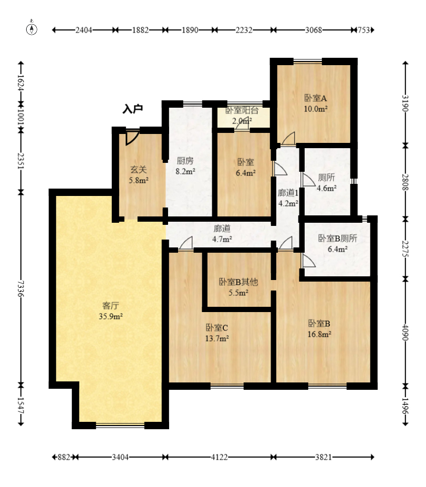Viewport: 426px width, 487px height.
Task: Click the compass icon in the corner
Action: (32, 28)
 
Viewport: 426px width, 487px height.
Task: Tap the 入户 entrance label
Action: (132, 109)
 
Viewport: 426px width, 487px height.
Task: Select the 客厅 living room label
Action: (110, 306)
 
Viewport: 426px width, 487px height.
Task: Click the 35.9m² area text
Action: (111, 316)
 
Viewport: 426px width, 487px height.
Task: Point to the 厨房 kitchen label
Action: (185, 161)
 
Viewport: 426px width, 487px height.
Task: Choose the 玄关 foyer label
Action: (139, 170)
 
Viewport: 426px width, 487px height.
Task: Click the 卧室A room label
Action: (316, 98)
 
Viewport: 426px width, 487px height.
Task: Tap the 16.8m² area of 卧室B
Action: (319, 334)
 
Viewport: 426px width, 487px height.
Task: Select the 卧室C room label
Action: (217, 327)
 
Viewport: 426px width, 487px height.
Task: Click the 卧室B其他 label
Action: (238, 282)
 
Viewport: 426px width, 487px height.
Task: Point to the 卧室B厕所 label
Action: (338, 238)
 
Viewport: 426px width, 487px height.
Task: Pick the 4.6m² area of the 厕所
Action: (327, 188)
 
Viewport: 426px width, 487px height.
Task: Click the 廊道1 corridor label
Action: (288, 193)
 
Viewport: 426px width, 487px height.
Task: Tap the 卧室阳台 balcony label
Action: (242, 110)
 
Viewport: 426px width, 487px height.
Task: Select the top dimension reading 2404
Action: (84, 30)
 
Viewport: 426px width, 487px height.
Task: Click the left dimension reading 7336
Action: (20, 288)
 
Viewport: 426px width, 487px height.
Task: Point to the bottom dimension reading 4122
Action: (219, 457)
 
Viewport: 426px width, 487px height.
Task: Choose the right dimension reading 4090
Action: (405, 333)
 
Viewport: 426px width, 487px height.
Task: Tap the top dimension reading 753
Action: (364, 30)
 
